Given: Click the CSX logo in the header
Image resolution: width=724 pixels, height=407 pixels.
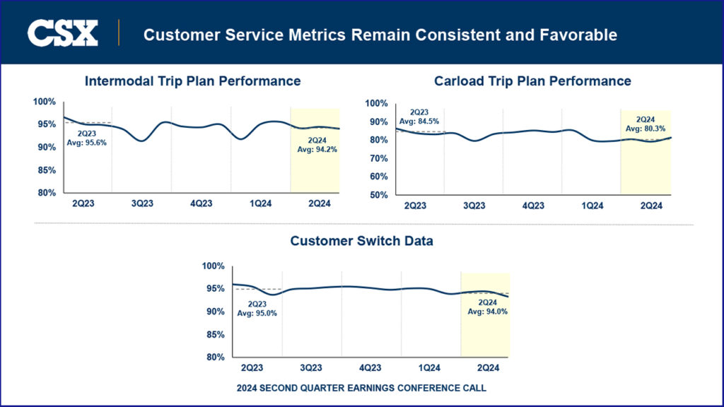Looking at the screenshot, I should click(62, 33).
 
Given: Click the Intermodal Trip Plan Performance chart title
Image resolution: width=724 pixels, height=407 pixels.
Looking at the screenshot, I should click(192, 81).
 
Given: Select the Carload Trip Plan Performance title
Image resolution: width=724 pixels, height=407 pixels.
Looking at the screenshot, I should click(532, 81).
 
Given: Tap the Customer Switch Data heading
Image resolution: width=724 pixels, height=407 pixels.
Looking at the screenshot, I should click(362, 241).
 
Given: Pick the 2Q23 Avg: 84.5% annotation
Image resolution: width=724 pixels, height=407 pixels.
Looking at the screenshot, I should click(419, 116).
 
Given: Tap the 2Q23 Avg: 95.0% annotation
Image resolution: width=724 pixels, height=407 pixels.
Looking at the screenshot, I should click(257, 308).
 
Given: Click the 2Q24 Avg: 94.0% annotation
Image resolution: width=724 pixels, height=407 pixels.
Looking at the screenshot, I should click(488, 307).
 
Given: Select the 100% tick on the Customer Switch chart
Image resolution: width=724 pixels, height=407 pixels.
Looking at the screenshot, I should click(213, 266).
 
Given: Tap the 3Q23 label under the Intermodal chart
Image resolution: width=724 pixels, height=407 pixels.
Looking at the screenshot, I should click(142, 203).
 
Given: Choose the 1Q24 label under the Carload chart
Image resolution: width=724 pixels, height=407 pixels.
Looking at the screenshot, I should click(592, 206).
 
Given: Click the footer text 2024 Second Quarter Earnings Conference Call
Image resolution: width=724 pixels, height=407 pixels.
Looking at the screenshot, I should click(361, 388).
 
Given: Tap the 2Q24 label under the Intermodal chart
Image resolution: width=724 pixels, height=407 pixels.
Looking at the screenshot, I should click(320, 203).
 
